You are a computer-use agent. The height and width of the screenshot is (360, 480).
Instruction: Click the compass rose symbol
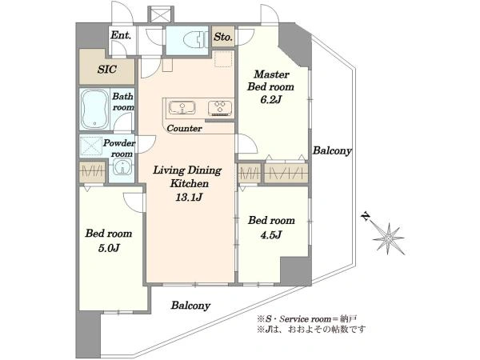click(390, 237)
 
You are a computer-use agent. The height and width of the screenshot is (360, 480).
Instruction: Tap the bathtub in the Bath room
click(94, 109)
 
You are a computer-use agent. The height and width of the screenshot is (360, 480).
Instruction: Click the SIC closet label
click(107, 70)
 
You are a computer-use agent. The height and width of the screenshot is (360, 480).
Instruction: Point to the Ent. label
click(121, 35)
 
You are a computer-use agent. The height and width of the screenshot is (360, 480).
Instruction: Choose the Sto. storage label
click(223, 37)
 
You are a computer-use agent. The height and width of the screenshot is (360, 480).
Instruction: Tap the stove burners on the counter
click(218, 108)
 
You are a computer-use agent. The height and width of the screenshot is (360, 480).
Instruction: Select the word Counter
click(184, 128)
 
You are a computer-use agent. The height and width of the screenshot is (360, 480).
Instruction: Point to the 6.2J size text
click(270, 98)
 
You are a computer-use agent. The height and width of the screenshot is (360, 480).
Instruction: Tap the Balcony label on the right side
click(332, 150)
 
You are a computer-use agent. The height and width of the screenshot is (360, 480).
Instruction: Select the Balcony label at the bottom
click(190, 305)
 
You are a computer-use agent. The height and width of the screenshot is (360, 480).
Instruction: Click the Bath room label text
click(123, 102)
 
